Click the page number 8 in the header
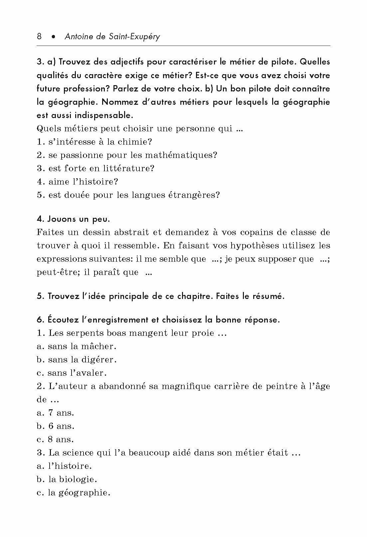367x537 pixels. coord(39,36)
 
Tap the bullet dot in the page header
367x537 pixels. coord(53,37)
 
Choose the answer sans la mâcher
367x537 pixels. coord(82,346)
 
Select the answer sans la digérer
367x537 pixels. coord(82,360)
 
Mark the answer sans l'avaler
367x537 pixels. coord(77,373)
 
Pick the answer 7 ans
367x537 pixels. coord(61,413)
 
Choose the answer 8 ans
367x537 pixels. coord(61,440)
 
